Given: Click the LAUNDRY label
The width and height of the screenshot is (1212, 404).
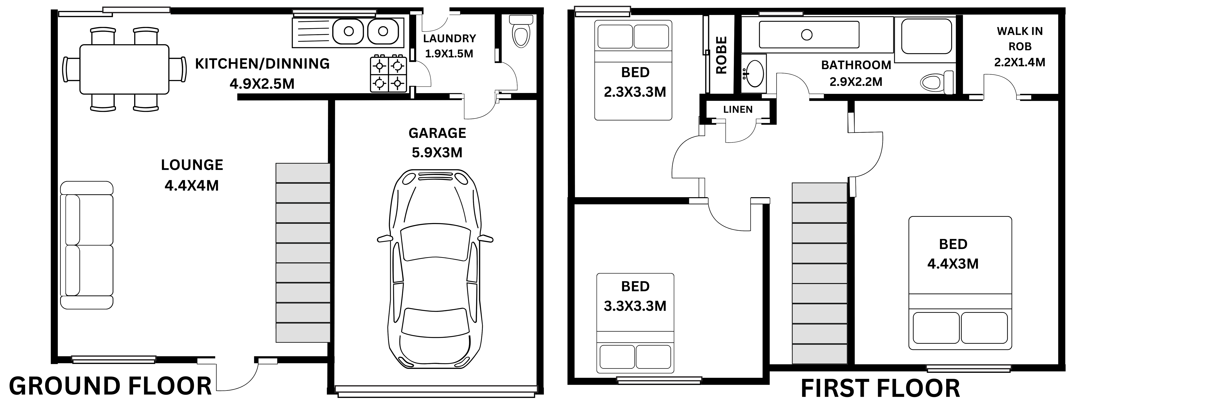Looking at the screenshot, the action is (449, 38).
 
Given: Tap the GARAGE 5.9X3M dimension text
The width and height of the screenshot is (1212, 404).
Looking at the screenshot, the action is (437, 152).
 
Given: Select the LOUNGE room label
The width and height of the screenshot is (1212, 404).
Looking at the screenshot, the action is (192, 165).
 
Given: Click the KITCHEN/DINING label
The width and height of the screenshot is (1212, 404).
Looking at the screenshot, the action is (262, 63).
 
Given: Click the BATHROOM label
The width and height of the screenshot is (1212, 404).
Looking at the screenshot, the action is (856, 65).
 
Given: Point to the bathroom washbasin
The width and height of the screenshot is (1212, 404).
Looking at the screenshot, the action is (754, 74).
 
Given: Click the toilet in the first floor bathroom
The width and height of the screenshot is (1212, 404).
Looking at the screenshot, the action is (937, 83).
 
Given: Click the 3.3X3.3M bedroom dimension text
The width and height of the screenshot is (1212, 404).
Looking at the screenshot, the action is (635, 306).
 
